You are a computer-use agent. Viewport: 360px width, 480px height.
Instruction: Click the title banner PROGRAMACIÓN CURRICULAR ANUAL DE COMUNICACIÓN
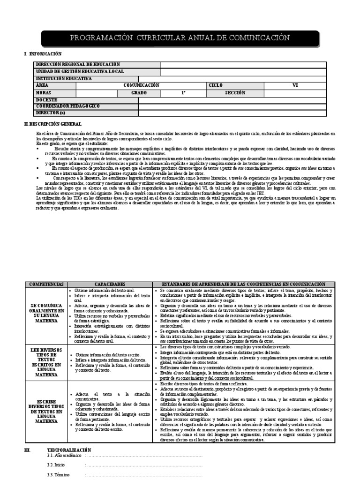180,38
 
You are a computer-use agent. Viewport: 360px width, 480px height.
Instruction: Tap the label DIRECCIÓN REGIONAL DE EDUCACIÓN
77,64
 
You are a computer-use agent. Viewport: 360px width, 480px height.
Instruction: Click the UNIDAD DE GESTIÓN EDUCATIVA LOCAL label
80,71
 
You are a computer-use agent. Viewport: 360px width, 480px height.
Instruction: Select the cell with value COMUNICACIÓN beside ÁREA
141,85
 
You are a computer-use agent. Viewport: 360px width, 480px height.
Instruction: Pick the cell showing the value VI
295,85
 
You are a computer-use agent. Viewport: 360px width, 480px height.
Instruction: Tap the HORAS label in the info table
43,93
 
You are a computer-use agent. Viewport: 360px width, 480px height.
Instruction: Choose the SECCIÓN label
235,93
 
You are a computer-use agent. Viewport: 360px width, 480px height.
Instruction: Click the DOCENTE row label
46,100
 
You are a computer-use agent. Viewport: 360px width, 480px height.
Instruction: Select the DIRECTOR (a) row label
51,113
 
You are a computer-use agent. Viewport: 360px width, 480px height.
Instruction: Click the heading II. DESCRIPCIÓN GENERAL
52,124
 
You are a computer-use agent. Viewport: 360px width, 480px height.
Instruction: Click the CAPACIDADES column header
110,285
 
